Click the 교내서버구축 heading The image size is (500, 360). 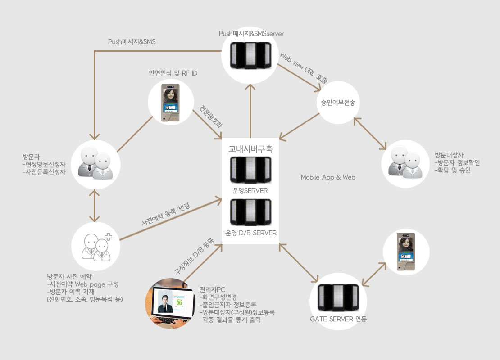coord(250,148)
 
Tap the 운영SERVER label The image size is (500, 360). coord(250,190)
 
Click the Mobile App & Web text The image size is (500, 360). coord(328,177)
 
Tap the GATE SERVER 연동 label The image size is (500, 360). coord(338,319)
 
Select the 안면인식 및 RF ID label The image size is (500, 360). coord(173,73)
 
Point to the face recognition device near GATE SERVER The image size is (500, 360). coord(406,252)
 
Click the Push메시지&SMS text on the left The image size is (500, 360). coord(132,41)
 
